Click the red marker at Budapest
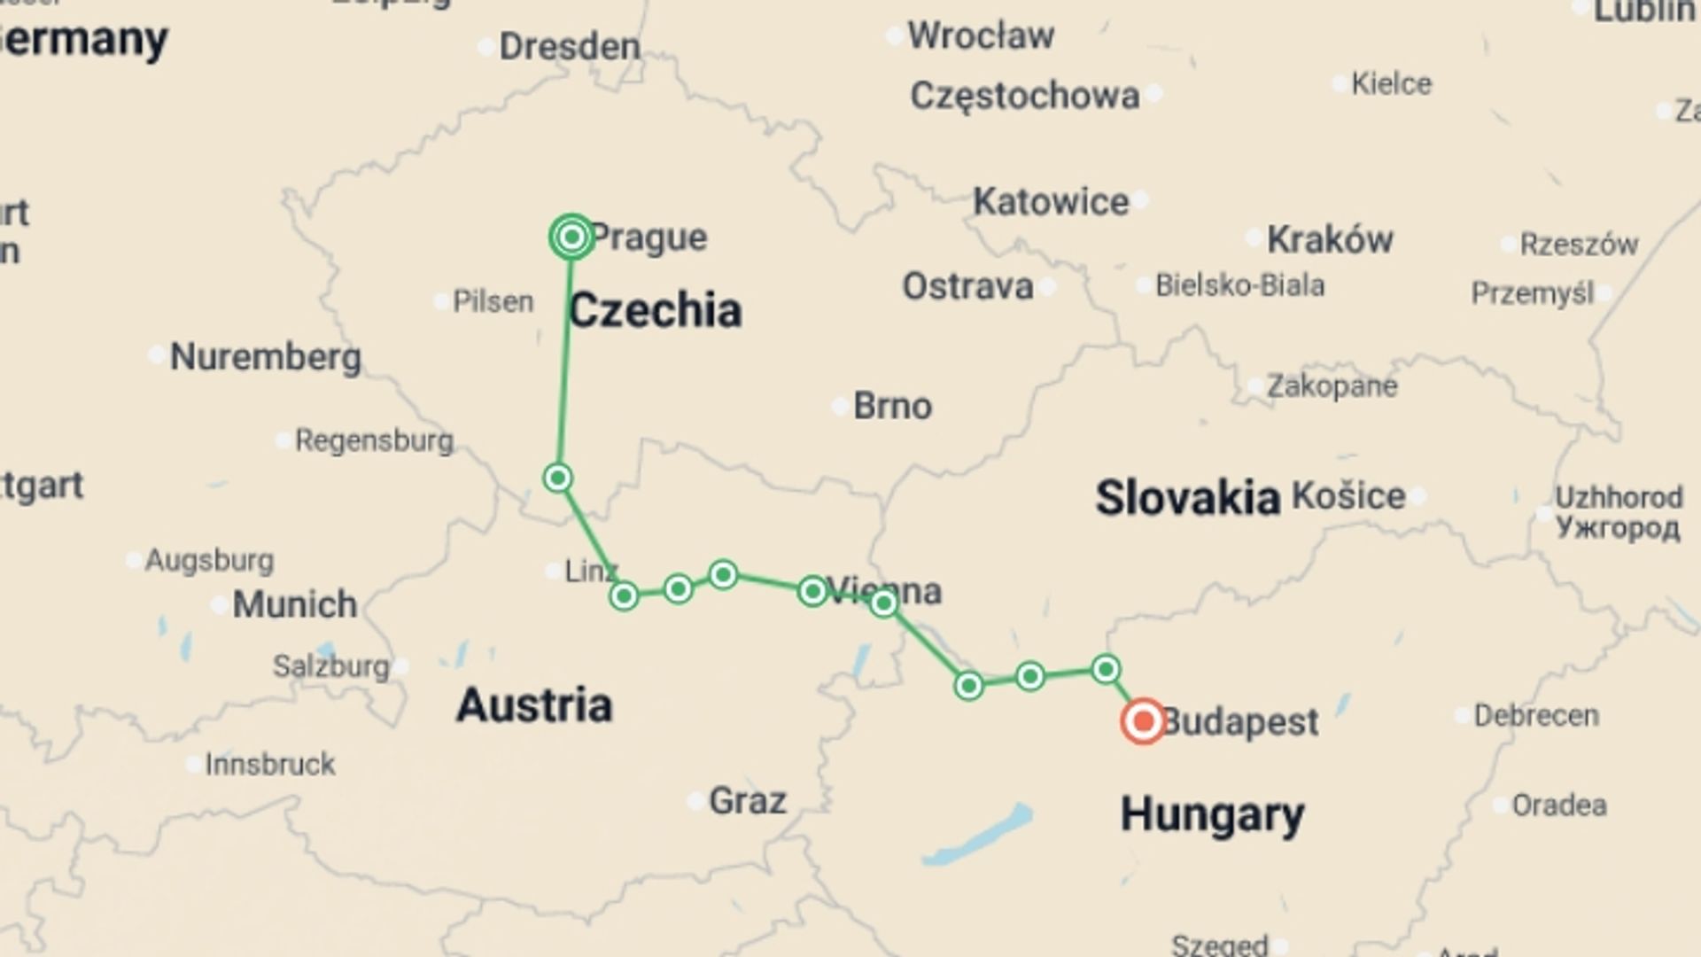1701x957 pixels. [x=1143, y=720]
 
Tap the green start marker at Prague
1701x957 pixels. [x=571, y=237]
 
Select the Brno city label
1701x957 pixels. [x=892, y=406]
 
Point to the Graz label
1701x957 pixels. [x=747, y=801]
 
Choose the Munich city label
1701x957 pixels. [x=294, y=604]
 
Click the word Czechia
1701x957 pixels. [x=655, y=311]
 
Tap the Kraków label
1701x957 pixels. [x=1329, y=239]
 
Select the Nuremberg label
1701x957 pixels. [x=265, y=357]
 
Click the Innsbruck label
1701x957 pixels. [x=269, y=764]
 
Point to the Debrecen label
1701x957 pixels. [x=1535, y=715]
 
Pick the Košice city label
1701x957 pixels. [x=1348, y=496]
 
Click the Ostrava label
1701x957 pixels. [x=967, y=286]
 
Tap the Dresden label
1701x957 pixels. [x=569, y=46]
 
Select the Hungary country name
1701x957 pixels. [x=1212, y=813]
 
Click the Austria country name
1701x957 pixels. [x=533, y=705]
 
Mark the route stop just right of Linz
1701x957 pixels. [x=624, y=595]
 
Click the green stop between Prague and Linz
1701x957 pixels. [x=557, y=478]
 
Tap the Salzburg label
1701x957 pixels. [x=330, y=665]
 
